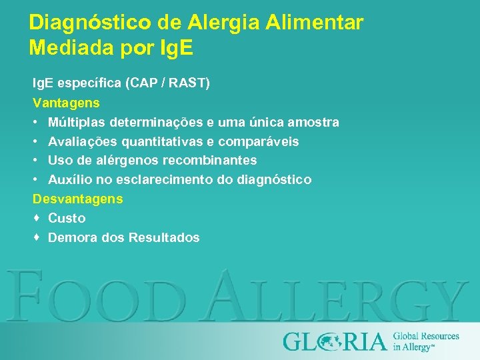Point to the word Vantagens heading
tap(67, 103)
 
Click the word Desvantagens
tap(78, 199)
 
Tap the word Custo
tap(67, 218)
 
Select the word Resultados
tap(164, 237)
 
